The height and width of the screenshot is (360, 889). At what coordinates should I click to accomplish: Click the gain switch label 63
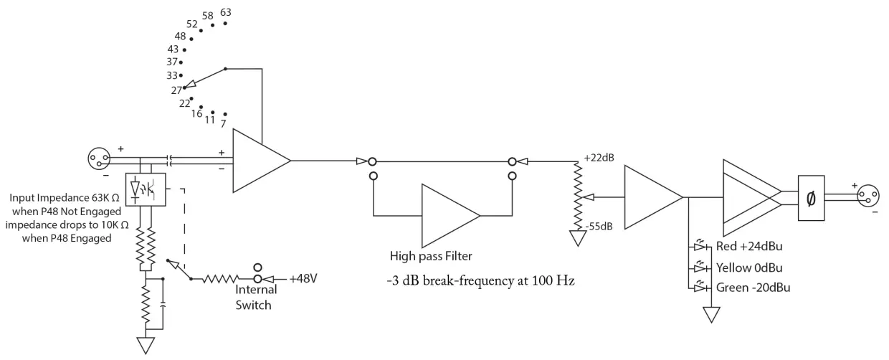[226, 13]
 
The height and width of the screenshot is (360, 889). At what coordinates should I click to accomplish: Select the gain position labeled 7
[224, 124]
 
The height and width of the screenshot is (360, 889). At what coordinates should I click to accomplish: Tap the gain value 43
[173, 49]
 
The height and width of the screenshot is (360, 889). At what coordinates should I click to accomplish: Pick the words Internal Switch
[255, 298]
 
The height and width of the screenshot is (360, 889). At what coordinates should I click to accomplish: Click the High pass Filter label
[431, 255]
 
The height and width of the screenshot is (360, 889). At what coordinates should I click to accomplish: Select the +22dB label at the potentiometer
[598, 158]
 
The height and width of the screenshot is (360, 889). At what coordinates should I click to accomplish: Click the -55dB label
[599, 227]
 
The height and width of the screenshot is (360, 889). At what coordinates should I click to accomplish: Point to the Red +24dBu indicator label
[749, 247]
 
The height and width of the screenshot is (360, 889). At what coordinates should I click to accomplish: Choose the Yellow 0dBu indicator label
[749, 267]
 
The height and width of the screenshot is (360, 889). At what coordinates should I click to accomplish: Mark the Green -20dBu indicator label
[752, 288]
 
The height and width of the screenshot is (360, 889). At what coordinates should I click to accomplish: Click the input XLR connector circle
[98, 156]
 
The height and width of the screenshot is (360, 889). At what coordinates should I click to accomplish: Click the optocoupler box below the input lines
[146, 190]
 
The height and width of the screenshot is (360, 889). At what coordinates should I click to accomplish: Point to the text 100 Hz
[559, 281]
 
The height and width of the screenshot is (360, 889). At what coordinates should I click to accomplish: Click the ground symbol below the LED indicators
[711, 315]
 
